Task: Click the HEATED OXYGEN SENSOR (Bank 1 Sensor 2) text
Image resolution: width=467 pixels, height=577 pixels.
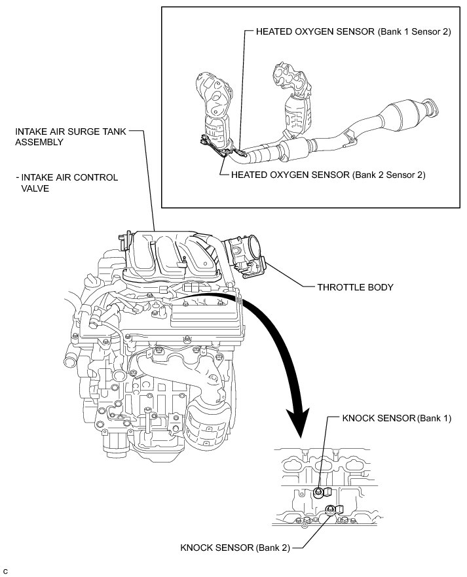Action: point(353,32)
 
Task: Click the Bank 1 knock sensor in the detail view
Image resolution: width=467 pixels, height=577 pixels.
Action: point(319,492)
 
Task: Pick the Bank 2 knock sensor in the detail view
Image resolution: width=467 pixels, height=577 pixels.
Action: point(331,510)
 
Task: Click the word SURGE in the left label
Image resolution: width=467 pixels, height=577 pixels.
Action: point(88,131)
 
